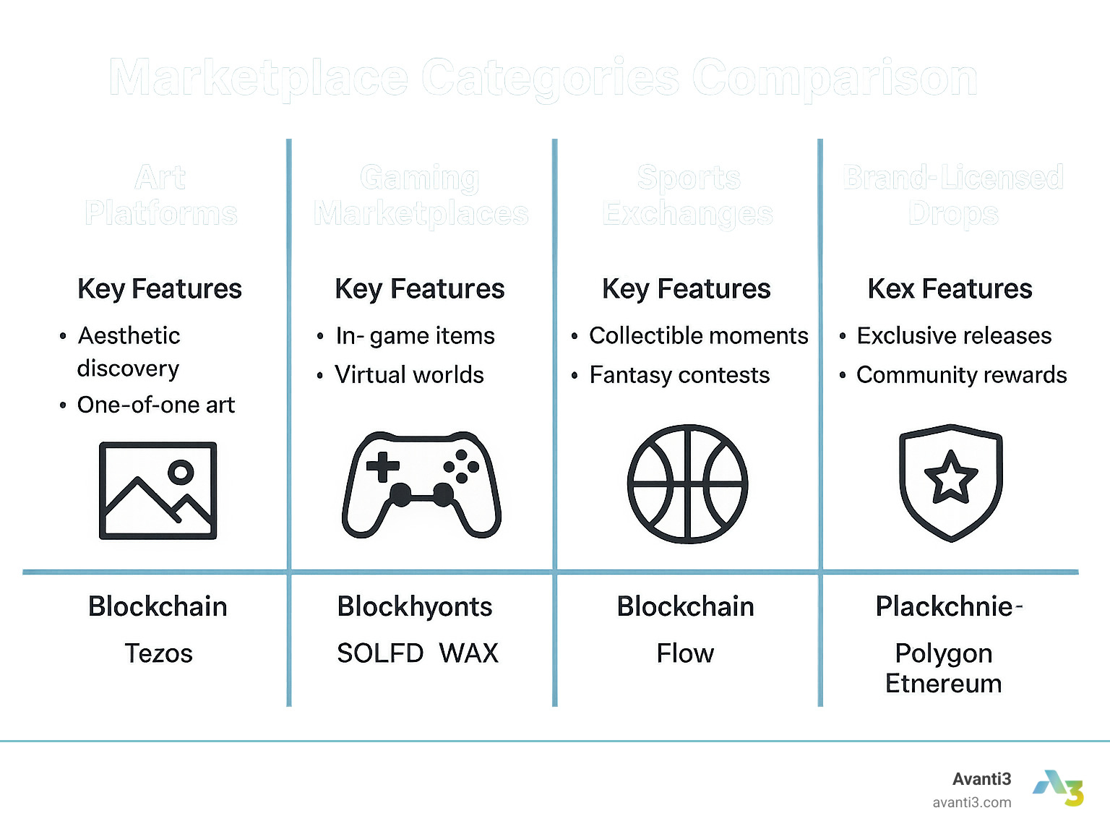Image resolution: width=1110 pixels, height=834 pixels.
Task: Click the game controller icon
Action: click(421, 484)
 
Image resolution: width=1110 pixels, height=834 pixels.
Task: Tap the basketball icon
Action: click(687, 483)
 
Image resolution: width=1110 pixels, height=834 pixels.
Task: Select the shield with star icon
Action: click(951, 483)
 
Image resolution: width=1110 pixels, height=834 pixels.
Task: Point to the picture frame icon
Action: click(158, 490)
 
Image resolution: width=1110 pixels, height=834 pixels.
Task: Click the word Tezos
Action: click(158, 653)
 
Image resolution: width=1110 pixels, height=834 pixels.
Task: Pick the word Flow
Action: click(685, 653)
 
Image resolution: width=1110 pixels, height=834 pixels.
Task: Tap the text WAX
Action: click(468, 653)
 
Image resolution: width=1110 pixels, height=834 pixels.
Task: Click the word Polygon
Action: click(943, 653)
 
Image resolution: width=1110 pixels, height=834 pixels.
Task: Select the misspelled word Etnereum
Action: click(943, 684)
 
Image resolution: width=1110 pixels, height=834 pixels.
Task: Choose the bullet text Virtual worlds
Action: click(409, 374)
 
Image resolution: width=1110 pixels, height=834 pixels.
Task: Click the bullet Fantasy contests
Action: click(679, 375)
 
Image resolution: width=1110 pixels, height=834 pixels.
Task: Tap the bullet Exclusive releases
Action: click(954, 335)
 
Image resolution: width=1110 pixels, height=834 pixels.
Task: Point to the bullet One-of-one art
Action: click(156, 405)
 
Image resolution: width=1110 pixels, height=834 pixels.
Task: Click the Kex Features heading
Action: click(950, 288)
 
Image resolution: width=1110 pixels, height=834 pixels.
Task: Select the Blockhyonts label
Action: click(415, 606)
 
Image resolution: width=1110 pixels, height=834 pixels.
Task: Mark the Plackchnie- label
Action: click(948, 606)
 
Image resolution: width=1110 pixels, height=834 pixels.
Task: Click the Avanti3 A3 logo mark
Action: click(1059, 788)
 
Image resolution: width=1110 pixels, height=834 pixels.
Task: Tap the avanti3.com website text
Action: click(971, 802)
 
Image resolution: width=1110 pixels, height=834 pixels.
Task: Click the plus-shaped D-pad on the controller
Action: click(382, 467)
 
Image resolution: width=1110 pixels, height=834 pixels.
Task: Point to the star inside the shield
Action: click(951, 478)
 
